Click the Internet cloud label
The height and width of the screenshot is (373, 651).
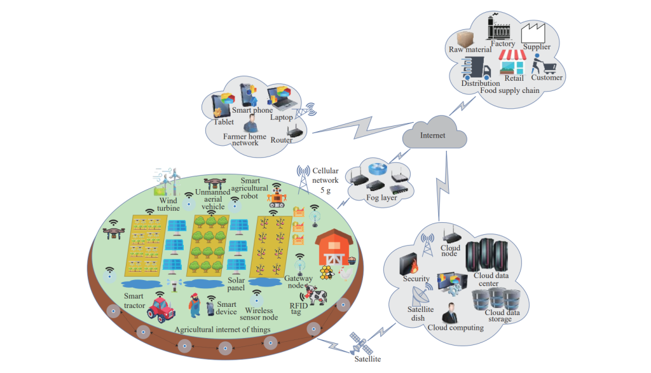(432, 136)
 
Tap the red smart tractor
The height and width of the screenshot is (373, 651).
(161, 309)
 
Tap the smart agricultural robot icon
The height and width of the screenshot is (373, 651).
(277, 195)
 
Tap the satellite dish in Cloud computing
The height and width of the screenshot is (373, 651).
(420, 294)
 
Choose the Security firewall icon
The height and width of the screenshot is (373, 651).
(406, 263)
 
